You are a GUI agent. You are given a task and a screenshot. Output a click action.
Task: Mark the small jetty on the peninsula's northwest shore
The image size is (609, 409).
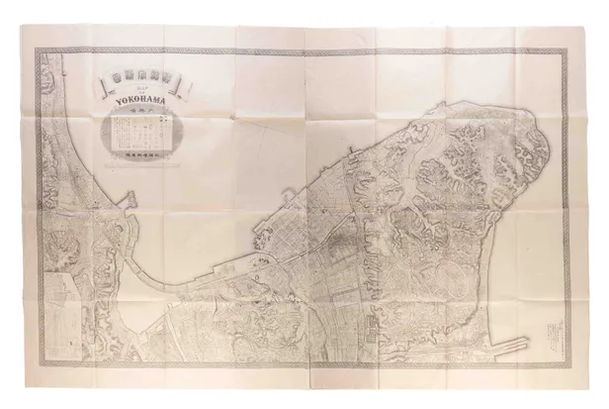pos(287,192)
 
